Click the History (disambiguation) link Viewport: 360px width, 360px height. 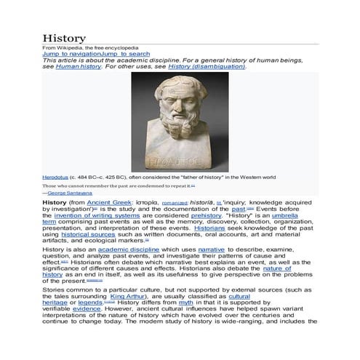207,66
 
